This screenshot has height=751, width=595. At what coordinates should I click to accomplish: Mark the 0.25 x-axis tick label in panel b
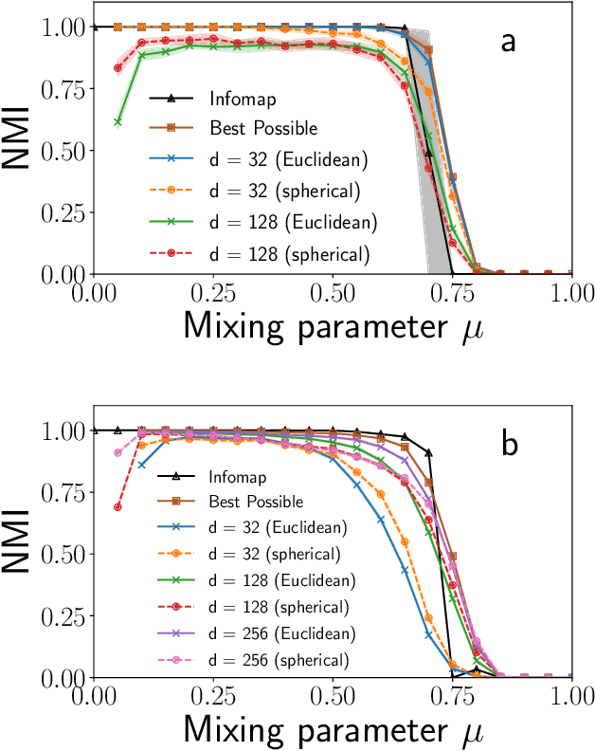pyautogui.click(x=213, y=694)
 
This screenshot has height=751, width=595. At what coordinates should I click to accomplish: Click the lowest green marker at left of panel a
pyautogui.click(x=117, y=121)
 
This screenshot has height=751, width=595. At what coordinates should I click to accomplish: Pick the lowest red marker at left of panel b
pyautogui.click(x=117, y=507)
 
